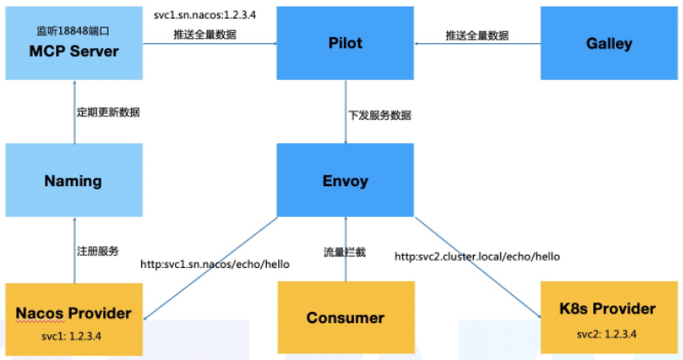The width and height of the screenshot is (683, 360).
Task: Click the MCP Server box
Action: (x=73, y=43)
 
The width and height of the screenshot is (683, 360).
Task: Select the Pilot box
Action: (x=345, y=43)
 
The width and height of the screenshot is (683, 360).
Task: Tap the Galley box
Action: (x=608, y=43)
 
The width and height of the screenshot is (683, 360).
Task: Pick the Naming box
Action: (x=73, y=181)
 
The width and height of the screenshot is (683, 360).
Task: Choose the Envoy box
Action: (x=345, y=181)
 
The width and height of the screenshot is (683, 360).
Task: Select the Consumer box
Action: (x=345, y=318)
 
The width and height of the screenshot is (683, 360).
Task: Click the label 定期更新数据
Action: (x=108, y=112)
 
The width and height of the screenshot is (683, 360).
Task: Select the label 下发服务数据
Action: (x=380, y=115)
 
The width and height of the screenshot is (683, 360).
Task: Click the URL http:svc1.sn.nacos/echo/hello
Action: (x=214, y=264)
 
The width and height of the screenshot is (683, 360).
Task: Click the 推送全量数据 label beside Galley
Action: (x=476, y=35)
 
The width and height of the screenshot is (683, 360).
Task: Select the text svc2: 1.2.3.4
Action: (x=609, y=332)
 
